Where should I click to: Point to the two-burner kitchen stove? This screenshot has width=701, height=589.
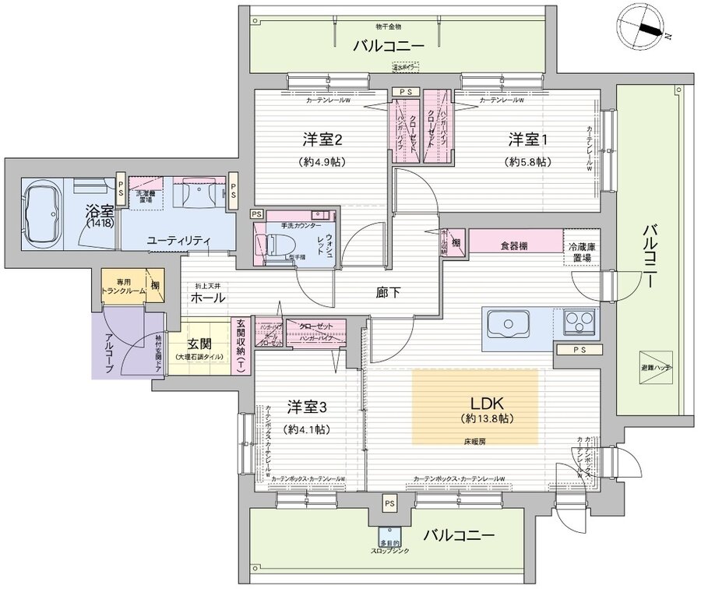(576, 320)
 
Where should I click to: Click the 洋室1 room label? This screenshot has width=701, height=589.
(530, 140)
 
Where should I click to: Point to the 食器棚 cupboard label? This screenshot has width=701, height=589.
(513, 245)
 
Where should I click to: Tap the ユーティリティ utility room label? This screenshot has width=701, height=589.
(178, 242)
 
